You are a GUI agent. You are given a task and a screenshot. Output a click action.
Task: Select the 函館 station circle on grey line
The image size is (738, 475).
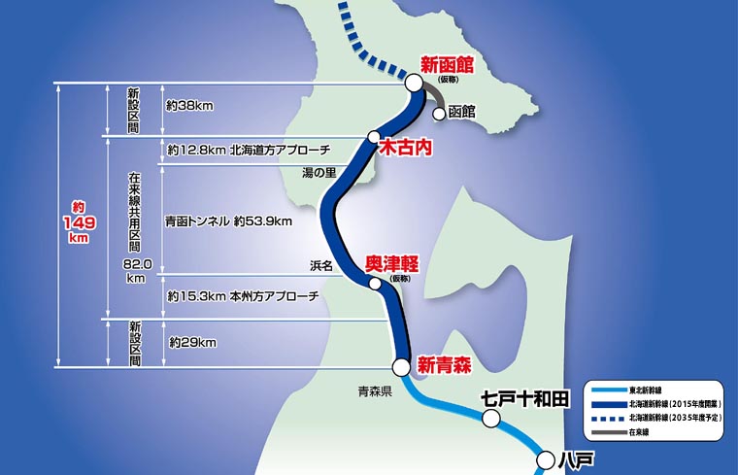coord(439,112)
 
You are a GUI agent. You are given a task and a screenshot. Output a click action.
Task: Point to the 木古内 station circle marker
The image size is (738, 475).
coord(373,137)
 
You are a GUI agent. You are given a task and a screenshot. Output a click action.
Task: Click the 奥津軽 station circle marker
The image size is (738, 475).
coord(375,284)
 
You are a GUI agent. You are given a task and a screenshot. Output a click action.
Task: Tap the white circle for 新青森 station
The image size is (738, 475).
coord(400,366)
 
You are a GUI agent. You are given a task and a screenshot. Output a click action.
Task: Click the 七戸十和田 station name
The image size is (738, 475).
coord(525,398)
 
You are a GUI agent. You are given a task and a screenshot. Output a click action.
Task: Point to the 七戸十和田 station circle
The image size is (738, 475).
coord(491,418)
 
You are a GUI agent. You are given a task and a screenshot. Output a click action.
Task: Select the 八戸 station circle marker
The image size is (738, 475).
coord(544,458)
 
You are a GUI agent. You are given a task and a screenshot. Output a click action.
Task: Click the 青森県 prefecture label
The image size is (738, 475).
coord(374,392)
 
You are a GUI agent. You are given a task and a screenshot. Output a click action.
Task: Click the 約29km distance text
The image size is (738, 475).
coord(191,343)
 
